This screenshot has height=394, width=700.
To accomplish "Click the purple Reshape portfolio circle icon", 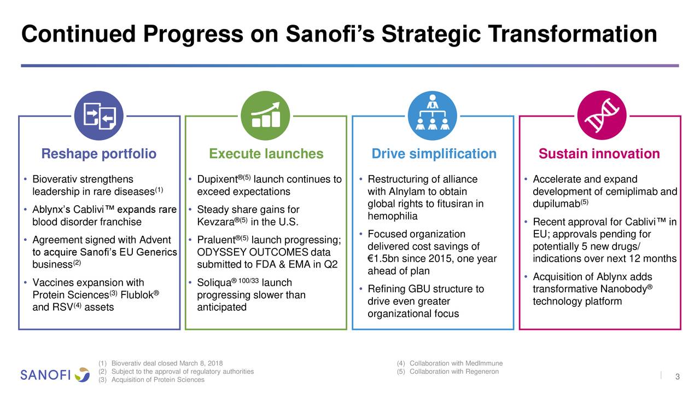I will (99, 115).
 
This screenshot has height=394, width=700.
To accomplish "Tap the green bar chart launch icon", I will (266, 115).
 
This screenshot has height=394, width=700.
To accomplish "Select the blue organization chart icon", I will (433, 115).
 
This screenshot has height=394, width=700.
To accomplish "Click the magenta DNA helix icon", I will (602, 115).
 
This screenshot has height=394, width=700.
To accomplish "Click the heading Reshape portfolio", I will (99, 154).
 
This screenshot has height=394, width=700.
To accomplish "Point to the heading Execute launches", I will (266, 154).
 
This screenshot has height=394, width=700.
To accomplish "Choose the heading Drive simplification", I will (434, 154).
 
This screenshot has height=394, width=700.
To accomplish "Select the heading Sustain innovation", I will (599, 154).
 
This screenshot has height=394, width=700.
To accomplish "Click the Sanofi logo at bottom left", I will (55, 375).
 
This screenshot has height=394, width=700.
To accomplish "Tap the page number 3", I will (678, 376).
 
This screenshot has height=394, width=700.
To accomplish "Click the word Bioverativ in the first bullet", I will (55, 179).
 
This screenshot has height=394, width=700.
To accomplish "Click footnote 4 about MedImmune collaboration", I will (450, 363).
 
